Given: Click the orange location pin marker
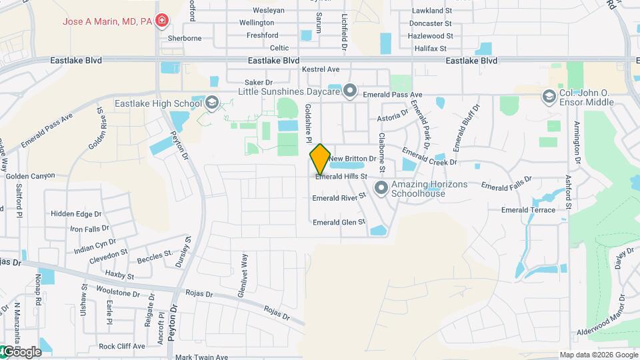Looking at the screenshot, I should point(320,159).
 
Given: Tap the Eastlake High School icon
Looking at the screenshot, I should point(211,102).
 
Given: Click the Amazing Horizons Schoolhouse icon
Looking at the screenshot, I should point(381,188).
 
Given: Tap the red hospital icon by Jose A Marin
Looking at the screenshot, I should point(161,21).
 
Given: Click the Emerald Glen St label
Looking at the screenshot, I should point(339,222).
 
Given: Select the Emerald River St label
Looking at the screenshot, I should point(340,197).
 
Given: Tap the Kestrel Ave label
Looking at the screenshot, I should point(321,69).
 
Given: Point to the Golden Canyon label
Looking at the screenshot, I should point(30,176).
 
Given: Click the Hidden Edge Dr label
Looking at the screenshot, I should point(76,214).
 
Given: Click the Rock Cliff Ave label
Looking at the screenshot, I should point(121,346).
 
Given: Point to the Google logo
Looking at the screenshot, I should point(22,351).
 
